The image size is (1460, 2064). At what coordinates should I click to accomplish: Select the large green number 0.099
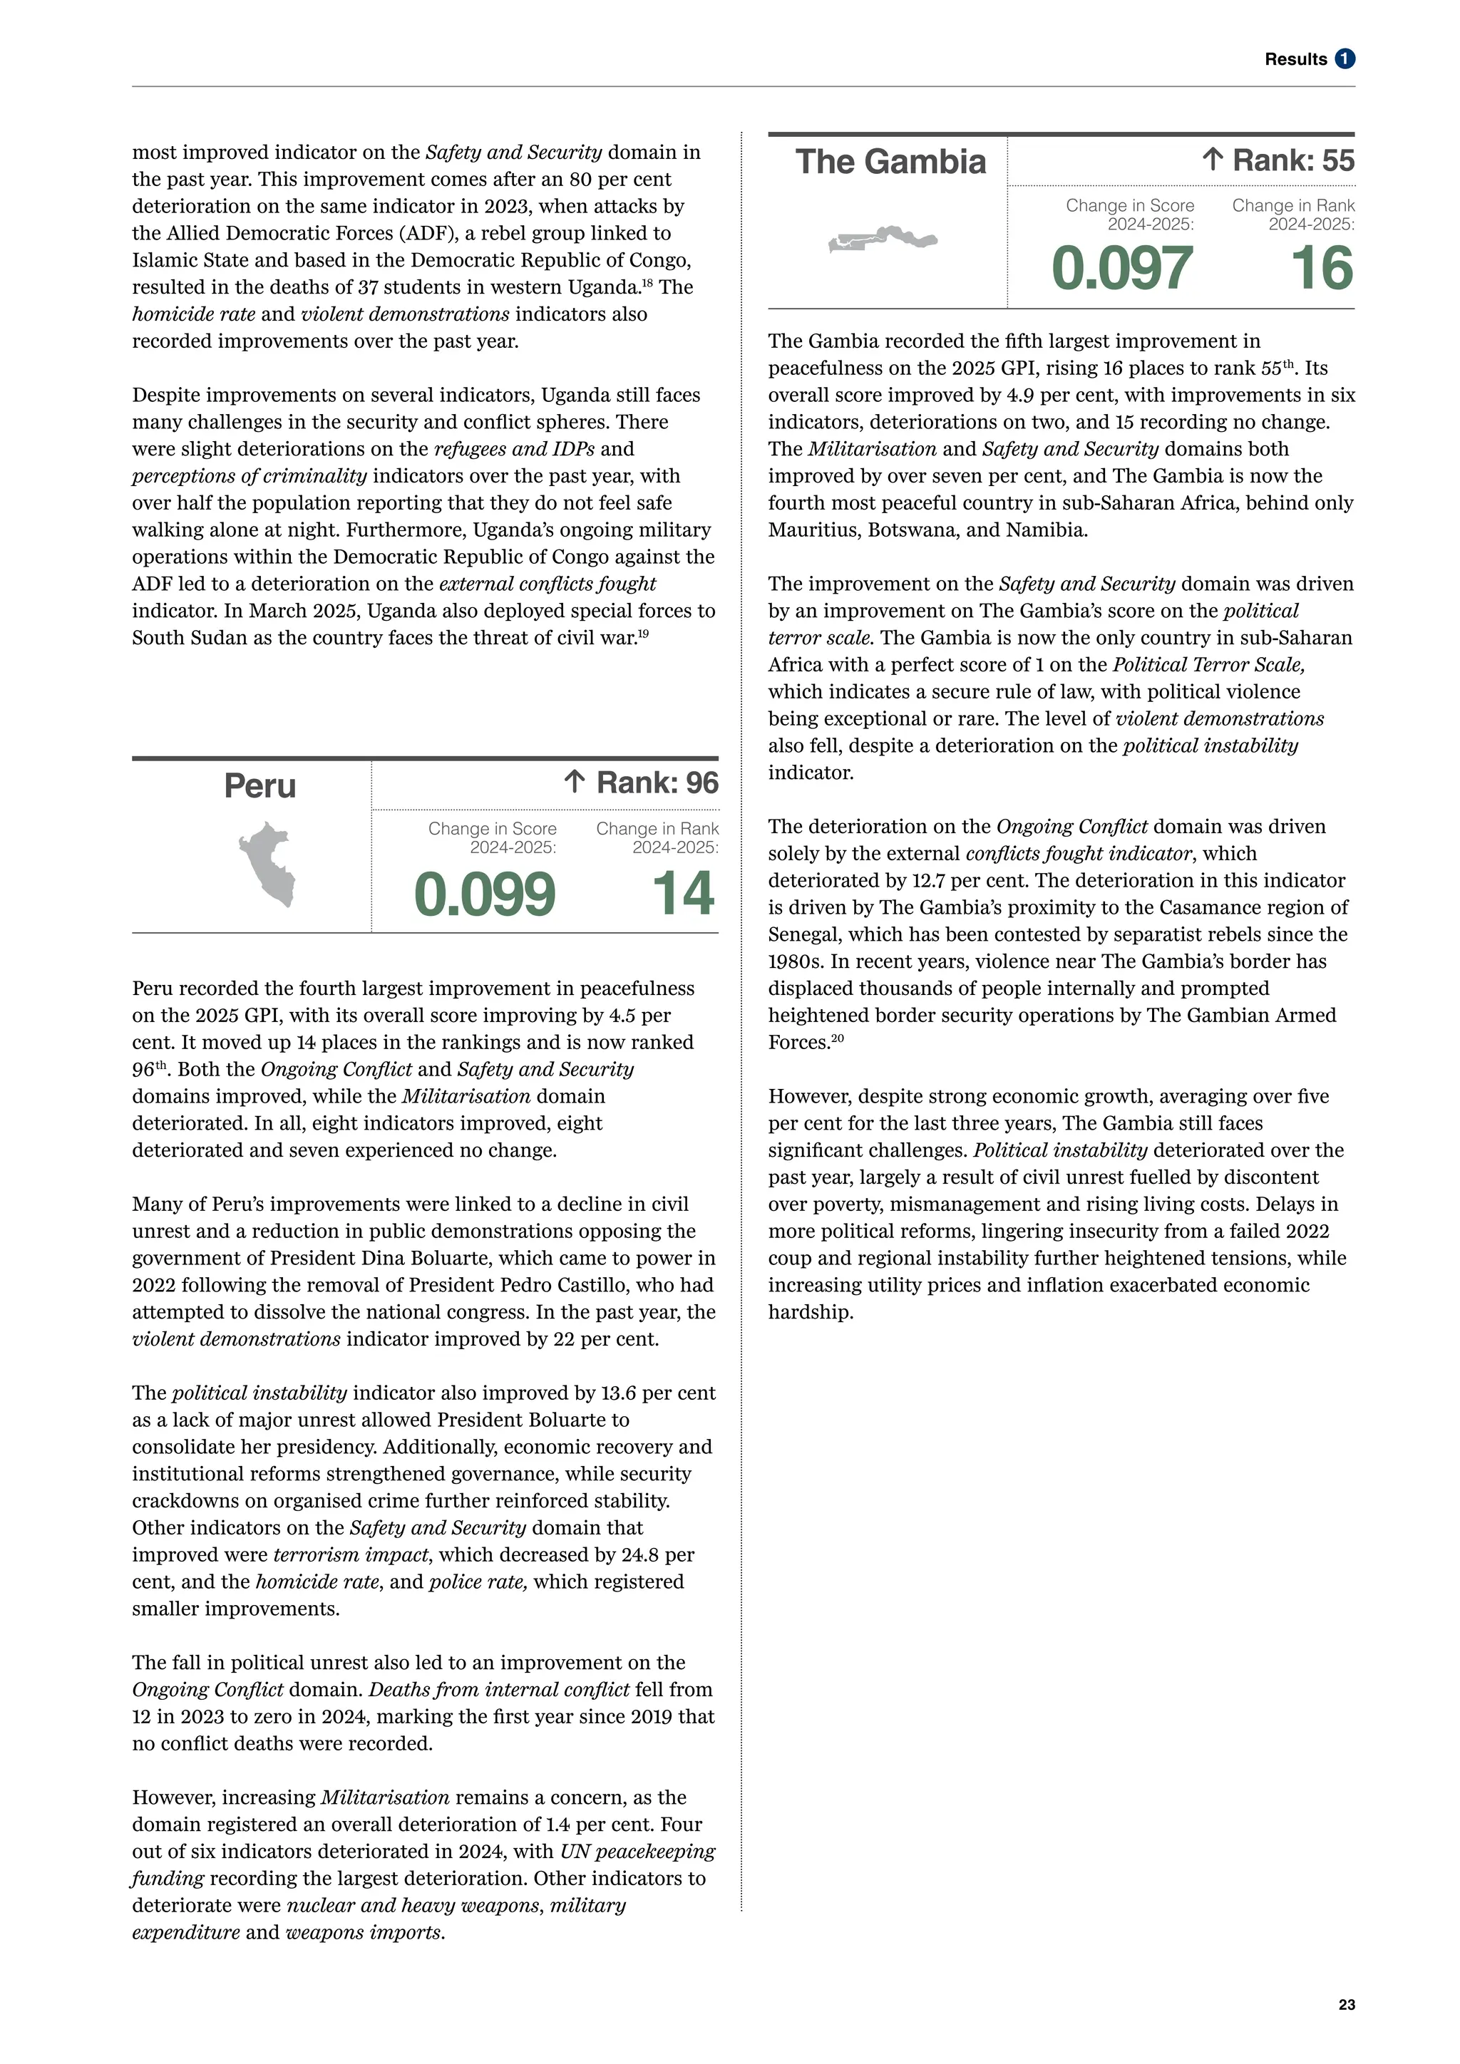tap(485, 894)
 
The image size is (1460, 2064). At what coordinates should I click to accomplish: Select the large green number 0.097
tap(1122, 269)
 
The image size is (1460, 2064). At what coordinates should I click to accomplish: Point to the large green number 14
tap(683, 894)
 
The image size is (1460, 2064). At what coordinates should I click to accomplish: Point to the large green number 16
tap(1322, 269)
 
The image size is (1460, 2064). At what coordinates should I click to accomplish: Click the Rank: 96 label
tap(657, 783)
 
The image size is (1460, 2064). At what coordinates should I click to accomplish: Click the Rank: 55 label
tap(1292, 161)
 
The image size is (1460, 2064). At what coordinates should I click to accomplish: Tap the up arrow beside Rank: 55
tap(1212, 161)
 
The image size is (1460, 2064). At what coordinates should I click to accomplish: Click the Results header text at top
tap(1295, 59)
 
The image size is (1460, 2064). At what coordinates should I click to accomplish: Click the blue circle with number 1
tap(1345, 59)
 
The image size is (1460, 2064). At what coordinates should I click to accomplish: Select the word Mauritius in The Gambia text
tap(813, 530)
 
